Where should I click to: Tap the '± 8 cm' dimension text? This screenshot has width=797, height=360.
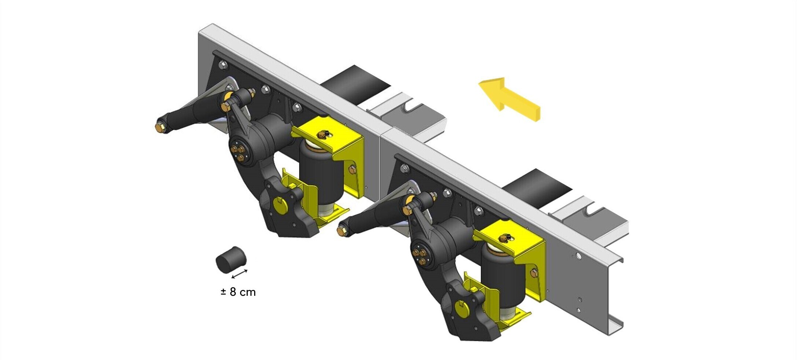pyautogui.click(x=238, y=292)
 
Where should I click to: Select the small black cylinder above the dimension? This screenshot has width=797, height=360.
pyautogui.click(x=231, y=259)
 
